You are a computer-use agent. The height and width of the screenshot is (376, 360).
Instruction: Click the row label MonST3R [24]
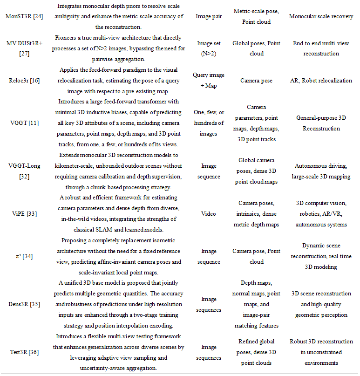pyautogui.click(x=24, y=16)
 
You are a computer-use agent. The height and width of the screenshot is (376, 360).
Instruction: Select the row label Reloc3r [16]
pyautogui.click(x=24, y=80)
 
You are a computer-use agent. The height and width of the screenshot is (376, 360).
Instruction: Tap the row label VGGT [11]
pyautogui.click(x=24, y=123)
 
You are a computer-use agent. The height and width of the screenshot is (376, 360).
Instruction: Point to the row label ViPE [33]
pyautogui.click(x=24, y=214)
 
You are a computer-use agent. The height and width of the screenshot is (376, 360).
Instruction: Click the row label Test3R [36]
pyautogui.click(x=24, y=353)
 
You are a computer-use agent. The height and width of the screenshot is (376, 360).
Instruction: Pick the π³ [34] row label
pyautogui.click(x=24, y=256)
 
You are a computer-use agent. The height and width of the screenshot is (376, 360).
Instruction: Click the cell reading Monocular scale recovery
pyautogui.click(x=321, y=16)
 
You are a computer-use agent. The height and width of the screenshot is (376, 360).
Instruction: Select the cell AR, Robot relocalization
pyautogui.click(x=321, y=80)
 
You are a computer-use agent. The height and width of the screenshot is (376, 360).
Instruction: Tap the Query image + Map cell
pyautogui.click(x=209, y=80)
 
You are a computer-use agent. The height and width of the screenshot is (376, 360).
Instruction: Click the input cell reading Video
pyautogui.click(x=209, y=214)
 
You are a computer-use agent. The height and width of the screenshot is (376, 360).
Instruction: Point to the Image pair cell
pyautogui.click(x=209, y=16)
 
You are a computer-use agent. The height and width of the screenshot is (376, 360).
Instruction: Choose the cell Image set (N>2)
pyautogui.click(x=209, y=48)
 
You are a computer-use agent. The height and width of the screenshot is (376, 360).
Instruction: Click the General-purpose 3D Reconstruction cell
pyautogui.click(x=321, y=123)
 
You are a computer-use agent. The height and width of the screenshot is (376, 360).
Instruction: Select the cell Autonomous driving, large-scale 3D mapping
pyautogui.click(x=321, y=171)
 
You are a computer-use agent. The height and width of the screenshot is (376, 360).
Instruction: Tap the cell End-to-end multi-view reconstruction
pyautogui.click(x=321, y=48)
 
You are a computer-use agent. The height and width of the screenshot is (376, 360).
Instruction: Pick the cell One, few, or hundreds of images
pyautogui.click(x=209, y=123)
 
